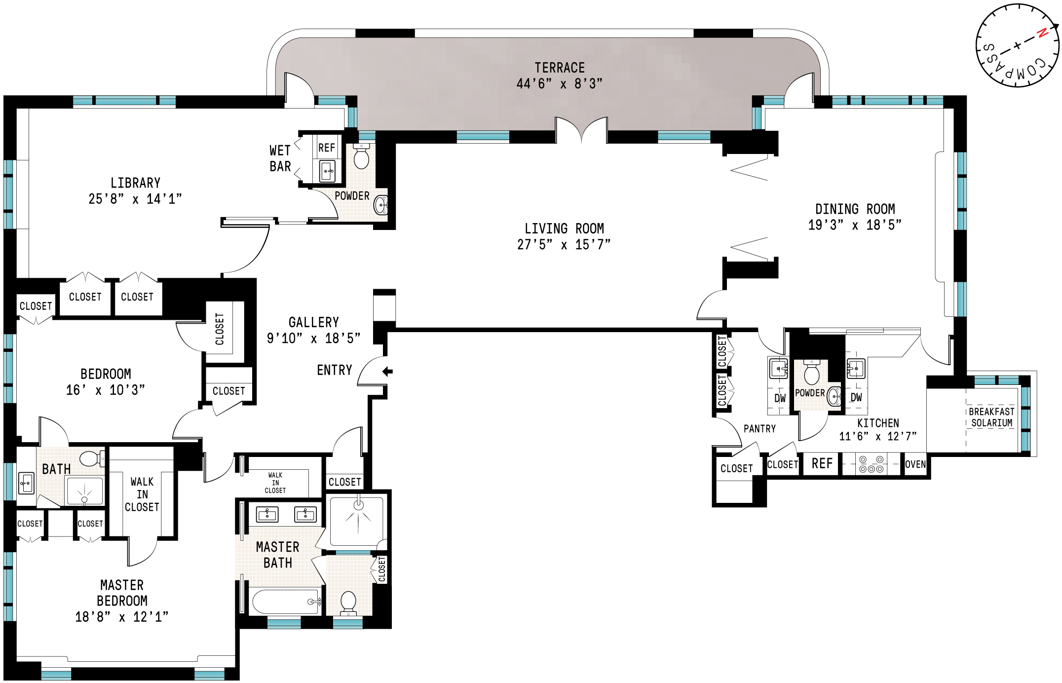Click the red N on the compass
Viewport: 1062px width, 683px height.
tap(1042, 33)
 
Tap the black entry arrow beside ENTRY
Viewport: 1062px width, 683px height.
tap(388, 371)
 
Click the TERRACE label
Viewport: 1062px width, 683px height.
tap(560, 68)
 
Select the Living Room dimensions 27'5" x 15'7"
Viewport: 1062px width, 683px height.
tap(564, 245)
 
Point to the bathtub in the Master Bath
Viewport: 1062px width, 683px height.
tap(285, 602)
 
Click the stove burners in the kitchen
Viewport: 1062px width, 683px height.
tap(871, 464)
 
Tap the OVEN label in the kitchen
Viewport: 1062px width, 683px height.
tap(915, 464)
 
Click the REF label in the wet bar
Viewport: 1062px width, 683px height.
tap(326, 148)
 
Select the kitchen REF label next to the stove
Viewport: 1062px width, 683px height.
tap(822, 463)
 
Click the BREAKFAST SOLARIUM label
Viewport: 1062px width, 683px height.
tap(991, 417)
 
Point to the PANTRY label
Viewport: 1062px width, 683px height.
tap(759, 428)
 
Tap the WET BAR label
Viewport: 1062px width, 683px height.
tap(280, 158)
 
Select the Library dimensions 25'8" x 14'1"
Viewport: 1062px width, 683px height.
tap(135, 199)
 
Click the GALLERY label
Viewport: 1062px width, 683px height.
tap(314, 322)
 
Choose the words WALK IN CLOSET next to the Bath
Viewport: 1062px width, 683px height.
tap(142, 494)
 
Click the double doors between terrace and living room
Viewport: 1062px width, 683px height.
tap(581, 129)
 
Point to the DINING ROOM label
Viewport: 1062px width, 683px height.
tap(855, 209)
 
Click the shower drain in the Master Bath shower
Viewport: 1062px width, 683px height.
tap(359, 505)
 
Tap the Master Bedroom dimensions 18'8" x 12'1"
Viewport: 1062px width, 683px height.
tap(122, 617)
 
